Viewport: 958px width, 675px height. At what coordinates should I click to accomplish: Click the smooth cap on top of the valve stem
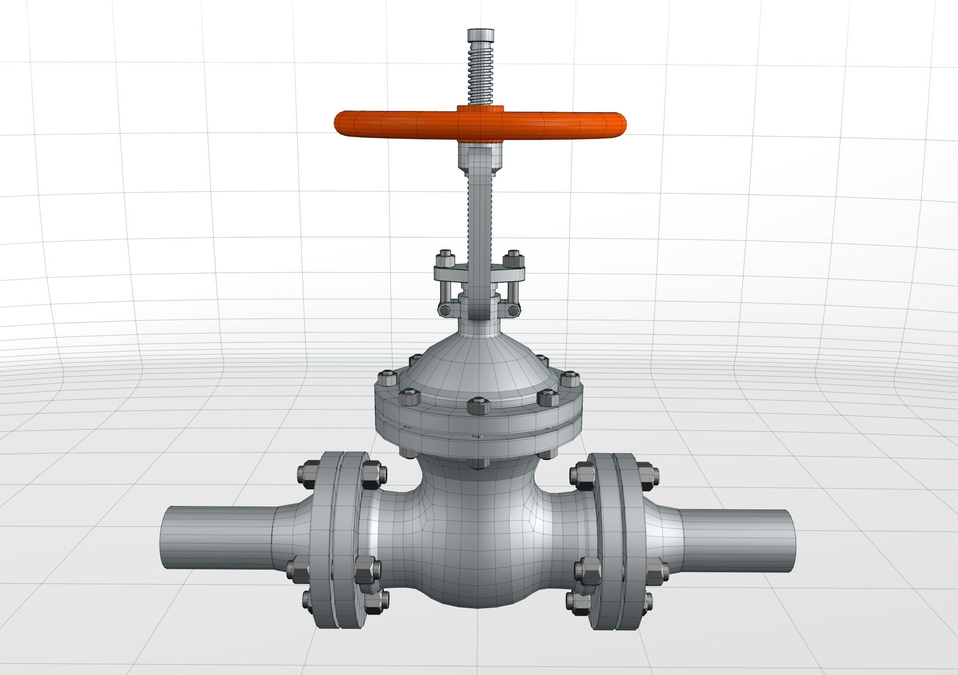(x=480, y=35)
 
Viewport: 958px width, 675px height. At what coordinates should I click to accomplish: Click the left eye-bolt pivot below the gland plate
(x=445, y=310)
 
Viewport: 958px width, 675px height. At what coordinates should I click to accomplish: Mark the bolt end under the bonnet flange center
(x=479, y=463)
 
